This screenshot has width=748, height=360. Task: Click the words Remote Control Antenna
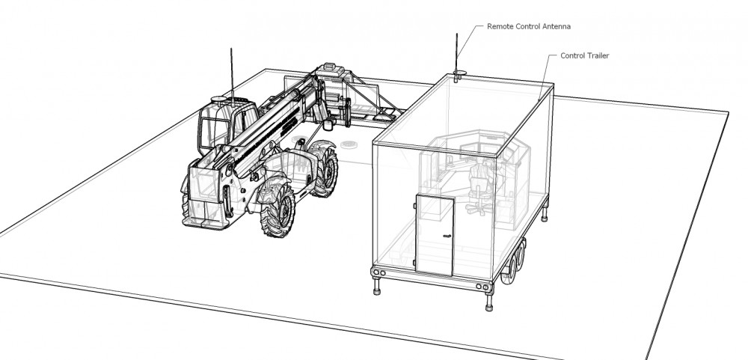529,27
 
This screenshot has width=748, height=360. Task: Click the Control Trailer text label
584,55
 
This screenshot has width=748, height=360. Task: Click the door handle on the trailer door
447,235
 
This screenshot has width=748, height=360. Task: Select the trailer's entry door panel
434,234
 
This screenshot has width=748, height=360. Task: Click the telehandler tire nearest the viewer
278,210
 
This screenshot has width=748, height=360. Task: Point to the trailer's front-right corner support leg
488,301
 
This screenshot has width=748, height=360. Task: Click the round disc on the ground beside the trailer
349,144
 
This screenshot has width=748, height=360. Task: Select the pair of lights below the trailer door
379,272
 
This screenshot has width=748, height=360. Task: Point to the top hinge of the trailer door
415,205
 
